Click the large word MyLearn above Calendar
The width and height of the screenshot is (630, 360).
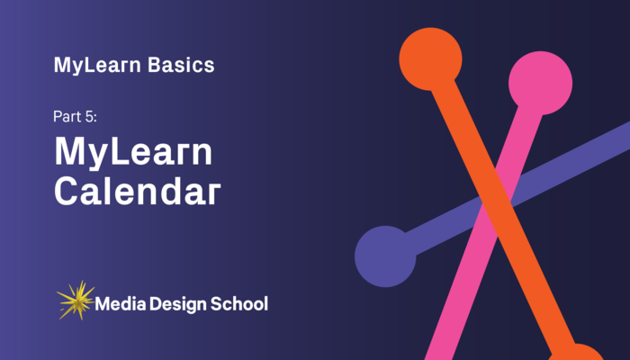pyautogui.click(x=133, y=153)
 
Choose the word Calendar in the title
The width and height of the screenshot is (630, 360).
pyautogui.click(x=137, y=192)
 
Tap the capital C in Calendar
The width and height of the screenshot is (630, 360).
pyautogui.click(x=68, y=192)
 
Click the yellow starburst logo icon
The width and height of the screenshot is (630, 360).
pyautogui.click(x=75, y=300)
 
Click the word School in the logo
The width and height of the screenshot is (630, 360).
pyautogui.click(x=239, y=303)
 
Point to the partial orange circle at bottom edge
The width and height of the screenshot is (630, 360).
pyautogui.click(x=577, y=354)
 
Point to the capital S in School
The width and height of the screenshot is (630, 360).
pyautogui.click(x=215, y=303)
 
